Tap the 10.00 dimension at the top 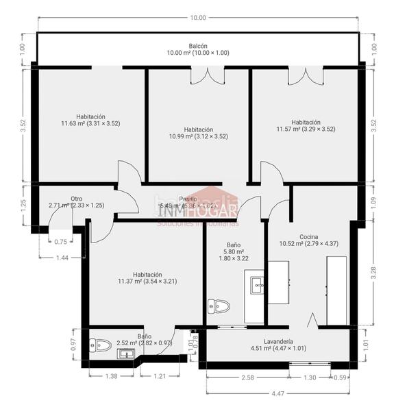pos(198,17)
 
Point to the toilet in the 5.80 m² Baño pos(219,306)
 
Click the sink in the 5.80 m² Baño pos(257,284)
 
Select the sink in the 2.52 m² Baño pos(125,353)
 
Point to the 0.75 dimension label pos(61,241)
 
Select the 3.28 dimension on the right pos(373,271)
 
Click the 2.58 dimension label pos(247,377)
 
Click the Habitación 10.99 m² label pos(198,133)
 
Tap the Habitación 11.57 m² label pos(306,125)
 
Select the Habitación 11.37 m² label pos(147,277)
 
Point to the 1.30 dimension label pos(310,377)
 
